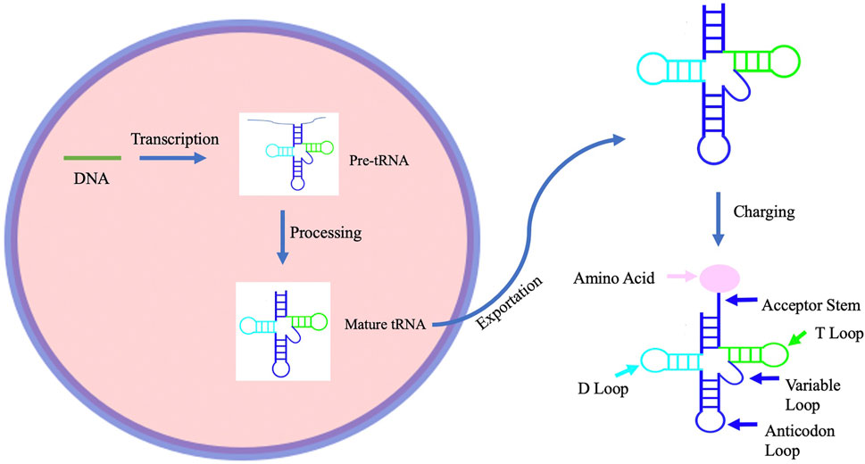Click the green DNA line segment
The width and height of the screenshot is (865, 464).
(92, 157)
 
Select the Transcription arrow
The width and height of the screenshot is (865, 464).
(171, 158)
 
